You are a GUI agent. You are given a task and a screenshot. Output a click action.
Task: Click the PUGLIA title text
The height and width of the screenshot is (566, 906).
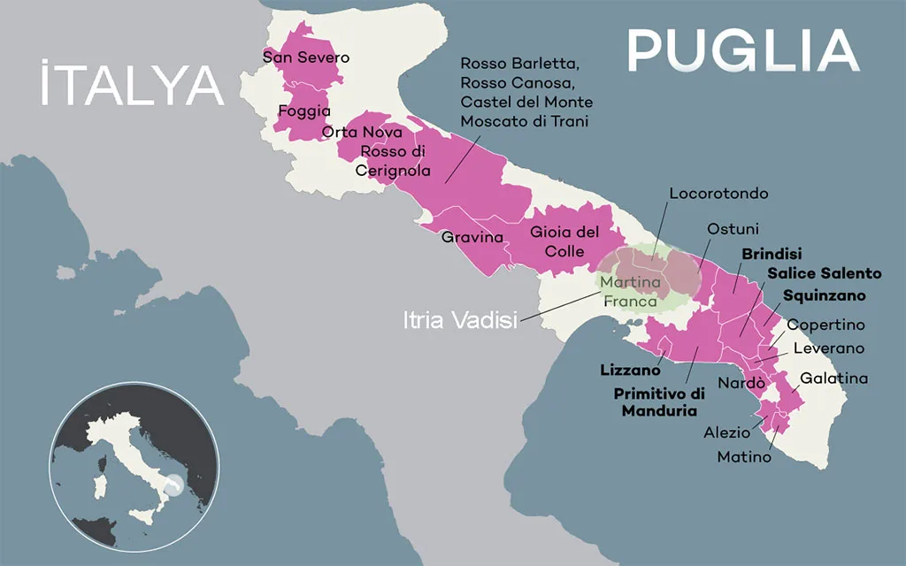coord(742,50)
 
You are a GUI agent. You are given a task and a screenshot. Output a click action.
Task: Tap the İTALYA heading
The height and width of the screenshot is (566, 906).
coord(131,85)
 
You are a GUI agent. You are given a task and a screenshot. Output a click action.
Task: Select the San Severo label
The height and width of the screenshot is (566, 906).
coord(306,57)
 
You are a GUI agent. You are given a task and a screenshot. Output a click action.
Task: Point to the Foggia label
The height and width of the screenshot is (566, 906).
coord(303,111)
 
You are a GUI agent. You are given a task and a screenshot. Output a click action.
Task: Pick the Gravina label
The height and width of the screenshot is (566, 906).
coord(472,237)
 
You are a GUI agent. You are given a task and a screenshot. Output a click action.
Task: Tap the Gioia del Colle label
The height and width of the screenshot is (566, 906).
coord(564,241)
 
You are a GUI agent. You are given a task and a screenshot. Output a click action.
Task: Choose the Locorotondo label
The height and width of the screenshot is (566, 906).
coord(718,193)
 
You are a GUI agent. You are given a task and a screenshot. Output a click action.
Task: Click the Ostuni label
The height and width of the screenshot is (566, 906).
coord(733,228)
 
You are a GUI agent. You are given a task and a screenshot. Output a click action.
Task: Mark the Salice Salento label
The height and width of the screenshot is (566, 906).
coord(824,273)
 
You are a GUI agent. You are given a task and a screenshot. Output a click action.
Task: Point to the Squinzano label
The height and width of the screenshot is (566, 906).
coord(824,294)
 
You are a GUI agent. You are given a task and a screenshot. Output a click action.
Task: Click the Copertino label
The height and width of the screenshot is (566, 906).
coord(825,325)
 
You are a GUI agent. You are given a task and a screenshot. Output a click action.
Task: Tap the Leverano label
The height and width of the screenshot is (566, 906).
coord(828,348)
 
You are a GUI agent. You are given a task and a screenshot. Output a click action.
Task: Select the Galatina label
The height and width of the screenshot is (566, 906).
coord(833,379)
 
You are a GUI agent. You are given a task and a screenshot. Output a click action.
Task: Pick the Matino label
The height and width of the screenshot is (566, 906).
coord(743,457)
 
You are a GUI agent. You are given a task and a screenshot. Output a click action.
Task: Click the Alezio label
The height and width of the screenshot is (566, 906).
coord(726,432)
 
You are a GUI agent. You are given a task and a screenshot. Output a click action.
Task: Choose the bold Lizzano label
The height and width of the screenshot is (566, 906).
coord(630,370)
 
